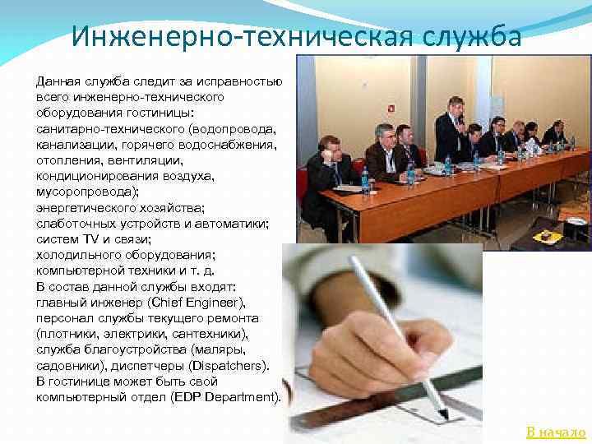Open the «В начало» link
[556, 432]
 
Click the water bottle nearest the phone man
[365, 180]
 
